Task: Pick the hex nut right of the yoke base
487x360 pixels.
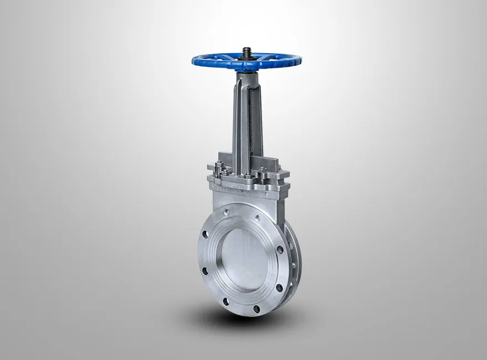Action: (263, 169)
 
